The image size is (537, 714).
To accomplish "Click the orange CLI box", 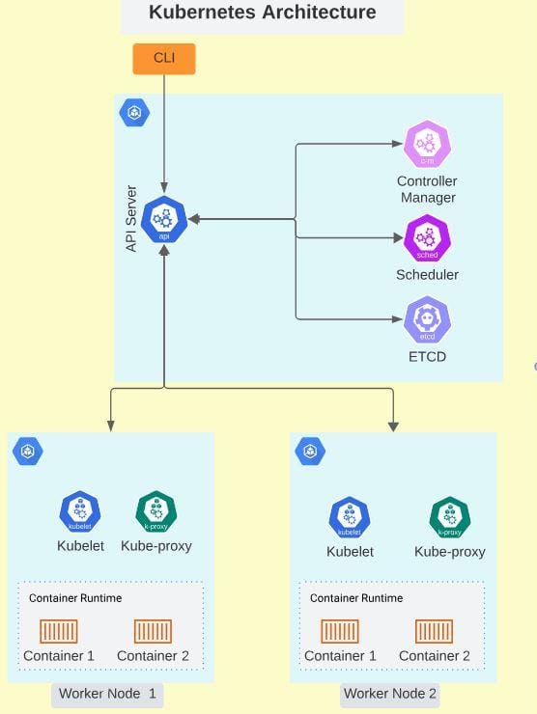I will coord(164,59).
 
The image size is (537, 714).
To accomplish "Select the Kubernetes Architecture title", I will coord(262,14).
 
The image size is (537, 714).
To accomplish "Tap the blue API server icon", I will coord(164,220).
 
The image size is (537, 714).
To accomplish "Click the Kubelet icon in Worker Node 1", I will coord(80,512).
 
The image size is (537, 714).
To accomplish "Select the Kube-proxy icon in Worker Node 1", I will coord(155,512).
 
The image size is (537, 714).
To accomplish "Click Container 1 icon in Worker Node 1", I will coord(59,632).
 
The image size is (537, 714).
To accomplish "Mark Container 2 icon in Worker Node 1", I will coord(153,632).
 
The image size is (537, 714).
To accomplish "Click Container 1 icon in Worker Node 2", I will coord(340,632).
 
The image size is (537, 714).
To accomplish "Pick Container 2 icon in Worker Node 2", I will coord(434,632).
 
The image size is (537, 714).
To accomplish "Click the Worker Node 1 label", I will coord(106,694).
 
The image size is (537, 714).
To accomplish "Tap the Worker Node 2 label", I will coord(389,694).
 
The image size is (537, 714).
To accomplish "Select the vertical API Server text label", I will coord(131,220).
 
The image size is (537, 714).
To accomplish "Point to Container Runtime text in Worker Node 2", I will coord(356,598).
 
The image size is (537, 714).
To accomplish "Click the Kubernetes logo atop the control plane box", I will coord(134,113).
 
